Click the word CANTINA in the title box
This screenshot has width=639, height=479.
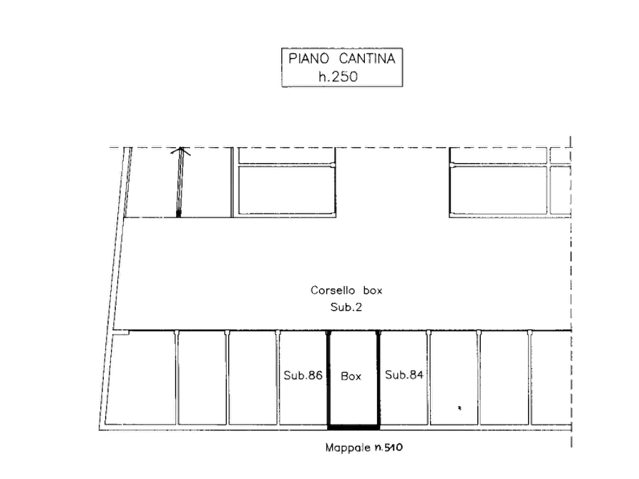(x=367, y=59)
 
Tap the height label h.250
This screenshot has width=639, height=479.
(x=338, y=76)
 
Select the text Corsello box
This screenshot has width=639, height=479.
(x=346, y=290)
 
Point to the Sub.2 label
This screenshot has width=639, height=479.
(x=346, y=307)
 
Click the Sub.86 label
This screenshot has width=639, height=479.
(x=303, y=375)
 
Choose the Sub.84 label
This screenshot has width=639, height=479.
(x=404, y=375)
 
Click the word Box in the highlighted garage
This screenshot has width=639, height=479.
(x=351, y=376)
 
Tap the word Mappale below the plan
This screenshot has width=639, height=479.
(x=348, y=448)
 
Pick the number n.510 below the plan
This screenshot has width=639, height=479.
(x=389, y=448)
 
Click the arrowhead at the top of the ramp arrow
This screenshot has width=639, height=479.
(x=180, y=151)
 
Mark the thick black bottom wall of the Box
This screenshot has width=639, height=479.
(x=353, y=427)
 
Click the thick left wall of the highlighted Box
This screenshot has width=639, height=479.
(x=329, y=379)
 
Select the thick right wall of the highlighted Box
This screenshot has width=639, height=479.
(x=379, y=379)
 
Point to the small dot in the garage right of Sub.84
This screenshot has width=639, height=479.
(x=459, y=408)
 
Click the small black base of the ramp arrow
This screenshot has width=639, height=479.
(x=178, y=214)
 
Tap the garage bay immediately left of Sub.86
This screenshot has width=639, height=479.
(x=253, y=378)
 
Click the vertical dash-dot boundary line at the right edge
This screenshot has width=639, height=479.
(x=571, y=292)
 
